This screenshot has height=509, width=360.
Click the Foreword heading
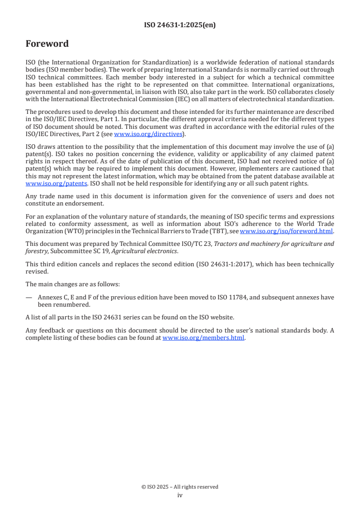[47, 44]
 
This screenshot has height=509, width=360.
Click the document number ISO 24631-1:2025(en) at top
[180, 25]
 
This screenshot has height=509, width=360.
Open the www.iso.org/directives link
[148, 134]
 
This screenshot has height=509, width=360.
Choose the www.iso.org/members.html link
[203, 338]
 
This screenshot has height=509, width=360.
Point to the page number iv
[180, 495]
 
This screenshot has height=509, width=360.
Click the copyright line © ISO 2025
[180, 487]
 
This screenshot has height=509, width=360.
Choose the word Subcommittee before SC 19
[67, 251]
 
